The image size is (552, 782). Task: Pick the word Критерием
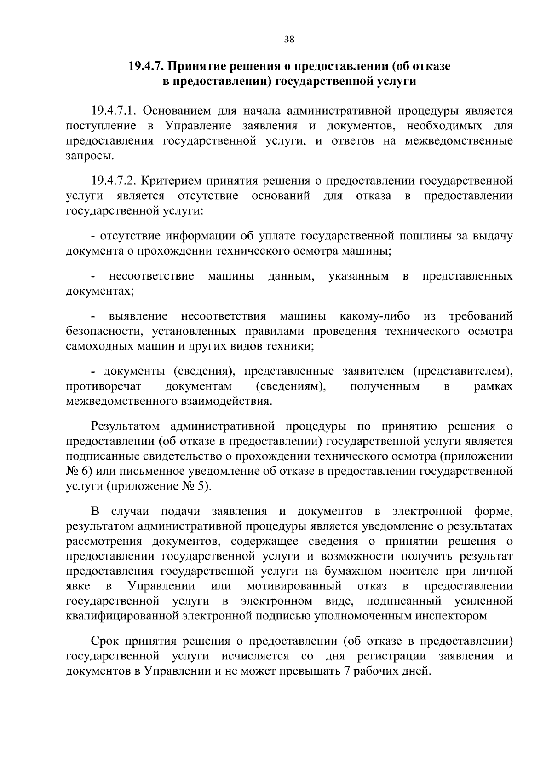pos(167,181)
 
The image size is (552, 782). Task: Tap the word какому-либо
pos(374,316)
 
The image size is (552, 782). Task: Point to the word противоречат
pos(104,386)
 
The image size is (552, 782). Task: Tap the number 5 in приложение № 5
pos(203,486)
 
